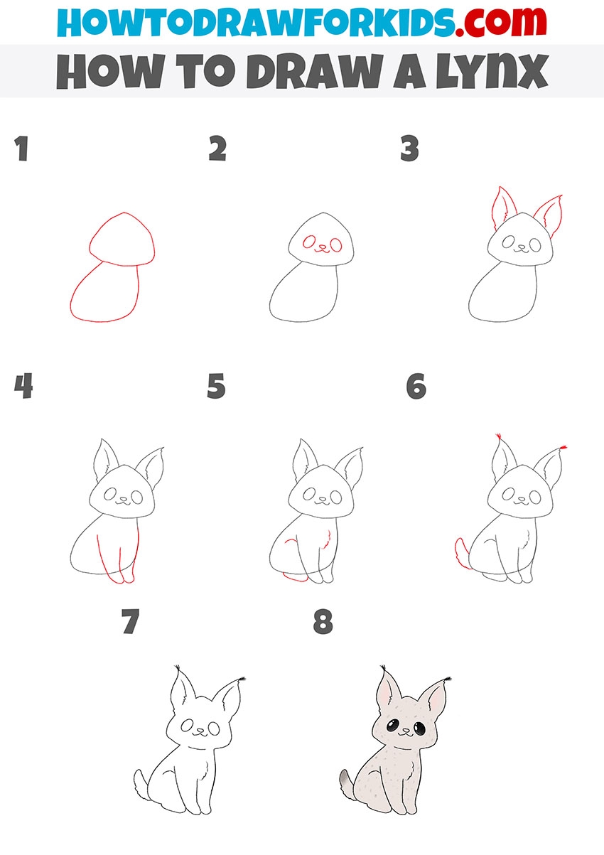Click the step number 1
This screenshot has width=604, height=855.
point(21,149)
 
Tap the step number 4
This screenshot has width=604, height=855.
point(23,386)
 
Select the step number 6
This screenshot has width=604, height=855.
point(416,386)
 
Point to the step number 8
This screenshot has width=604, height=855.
point(323,622)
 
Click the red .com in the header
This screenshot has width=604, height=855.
point(500,21)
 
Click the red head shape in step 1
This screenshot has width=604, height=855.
point(122,239)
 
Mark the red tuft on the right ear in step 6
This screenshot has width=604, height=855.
point(563,447)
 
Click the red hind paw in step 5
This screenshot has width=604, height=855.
point(296,578)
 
